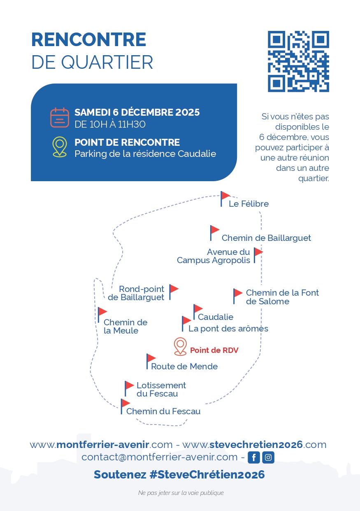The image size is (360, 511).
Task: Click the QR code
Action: (298, 61)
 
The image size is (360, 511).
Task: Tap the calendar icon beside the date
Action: (60, 117)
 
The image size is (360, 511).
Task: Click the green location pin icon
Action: (60, 147)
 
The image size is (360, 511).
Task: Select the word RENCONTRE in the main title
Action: (89, 40)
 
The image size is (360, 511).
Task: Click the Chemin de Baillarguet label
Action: (266, 238)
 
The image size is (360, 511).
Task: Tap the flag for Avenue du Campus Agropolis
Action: (258, 254)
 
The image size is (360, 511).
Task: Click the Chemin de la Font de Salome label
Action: (282, 297)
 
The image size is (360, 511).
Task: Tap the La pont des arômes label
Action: (228, 329)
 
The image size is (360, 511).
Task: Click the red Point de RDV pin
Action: (180, 346)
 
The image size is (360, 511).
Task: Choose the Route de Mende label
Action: (184, 366)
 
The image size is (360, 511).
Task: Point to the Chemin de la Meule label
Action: (125, 327)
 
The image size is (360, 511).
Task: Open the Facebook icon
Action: (254, 457)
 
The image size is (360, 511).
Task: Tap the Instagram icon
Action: (268, 457)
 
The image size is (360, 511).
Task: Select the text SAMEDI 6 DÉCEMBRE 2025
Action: (137, 112)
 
